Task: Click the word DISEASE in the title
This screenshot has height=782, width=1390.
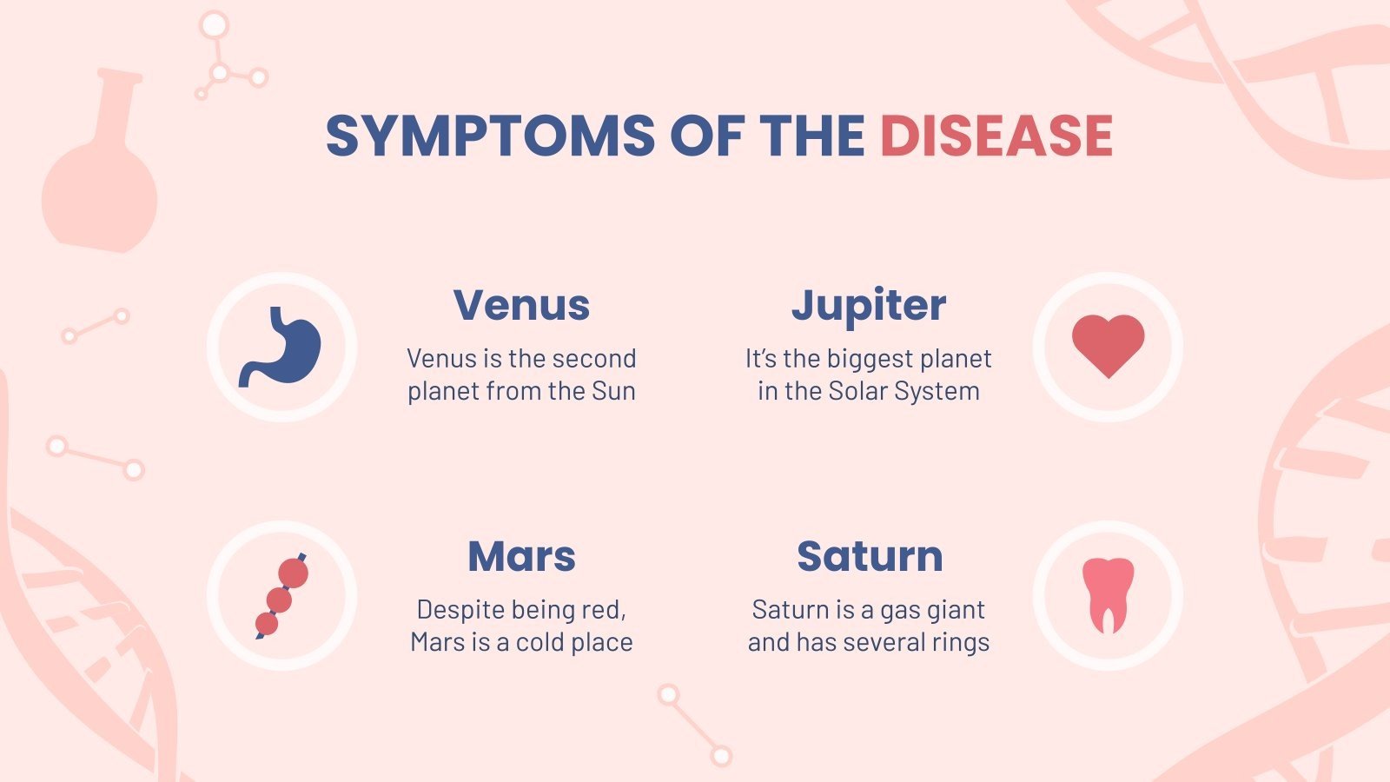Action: [x=996, y=136]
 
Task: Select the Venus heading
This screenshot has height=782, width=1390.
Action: [x=521, y=305]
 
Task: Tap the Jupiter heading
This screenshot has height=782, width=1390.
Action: [x=869, y=306]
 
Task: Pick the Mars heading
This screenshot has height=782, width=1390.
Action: [x=521, y=556]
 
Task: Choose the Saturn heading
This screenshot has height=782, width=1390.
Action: [x=870, y=556]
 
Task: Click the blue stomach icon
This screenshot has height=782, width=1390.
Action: [x=281, y=347]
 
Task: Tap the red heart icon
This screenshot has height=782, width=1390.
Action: [x=1108, y=344]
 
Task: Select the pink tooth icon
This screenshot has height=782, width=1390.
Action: [x=1108, y=594]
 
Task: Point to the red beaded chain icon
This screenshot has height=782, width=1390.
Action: [x=281, y=596]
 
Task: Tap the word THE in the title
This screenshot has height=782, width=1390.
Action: [x=811, y=136]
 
